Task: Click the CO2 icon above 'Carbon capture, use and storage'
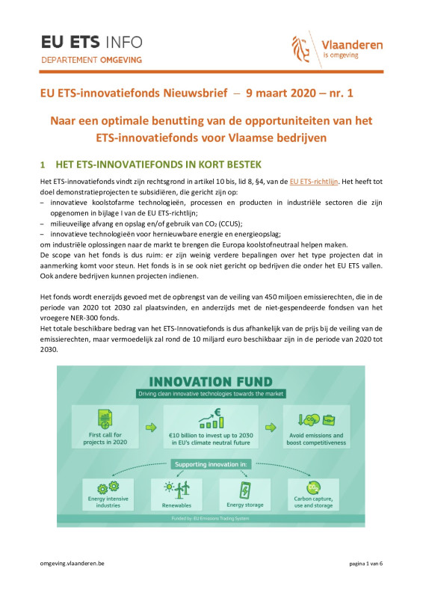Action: [317, 489]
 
